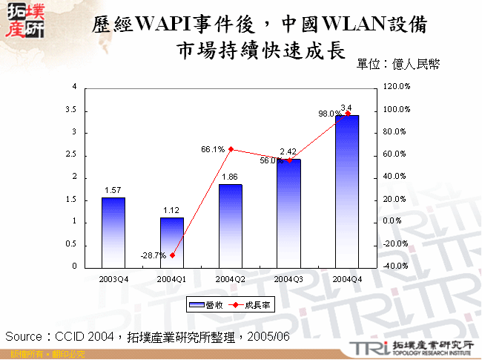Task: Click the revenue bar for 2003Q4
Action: pyautogui.click(x=113, y=232)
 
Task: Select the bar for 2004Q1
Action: pyautogui.click(x=172, y=241)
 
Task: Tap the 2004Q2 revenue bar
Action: pyautogui.click(x=231, y=225)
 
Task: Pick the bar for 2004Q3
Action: pyautogui.click(x=288, y=212)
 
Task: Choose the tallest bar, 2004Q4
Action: pyautogui.click(x=347, y=191)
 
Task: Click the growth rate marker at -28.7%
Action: pyautogui.click(x=172, y=255)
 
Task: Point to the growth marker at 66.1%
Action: pyautogui.click(x=231, y=149)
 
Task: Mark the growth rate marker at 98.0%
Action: pyautogui.click(x=347, y=114)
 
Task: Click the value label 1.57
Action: pyautogui.click(x=113, y=191)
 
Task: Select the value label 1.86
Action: pyautogui.click(x=231, y=177)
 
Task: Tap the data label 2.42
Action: pyautogui.click(x=288, y=151)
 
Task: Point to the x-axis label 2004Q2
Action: pyautogui.click(x=231, y=279)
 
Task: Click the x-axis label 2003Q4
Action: pyautogui.click(x=113, y=279)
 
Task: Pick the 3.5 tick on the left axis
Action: pyautogui.click(x=71, y=110)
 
